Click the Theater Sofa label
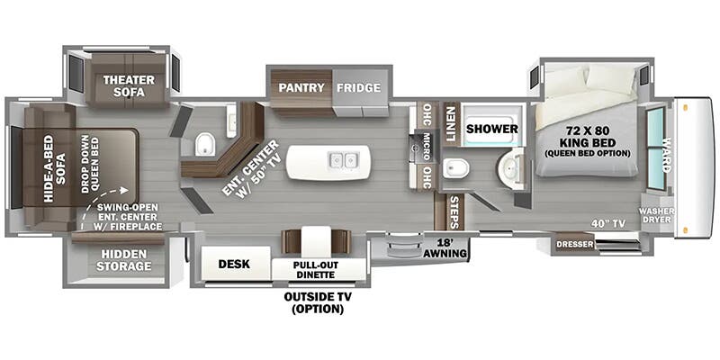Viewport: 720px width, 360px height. [129, 85]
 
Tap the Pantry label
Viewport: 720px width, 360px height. [301, 87]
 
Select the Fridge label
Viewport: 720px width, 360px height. [358, 87]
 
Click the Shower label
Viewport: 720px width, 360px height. [491, 129]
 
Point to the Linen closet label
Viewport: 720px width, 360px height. [450, 124]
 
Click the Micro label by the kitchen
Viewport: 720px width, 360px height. [427, 147]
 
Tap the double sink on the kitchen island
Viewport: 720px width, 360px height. [343, 161]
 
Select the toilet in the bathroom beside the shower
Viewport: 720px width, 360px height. [456, 168]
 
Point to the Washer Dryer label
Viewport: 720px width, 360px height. [657, 215]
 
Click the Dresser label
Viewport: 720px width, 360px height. [575, 244]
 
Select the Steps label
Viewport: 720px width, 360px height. [454, 212]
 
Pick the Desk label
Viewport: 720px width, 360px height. [234, 264]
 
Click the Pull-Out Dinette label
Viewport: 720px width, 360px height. [316, 270]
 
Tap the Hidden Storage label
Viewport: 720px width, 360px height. [123, 260]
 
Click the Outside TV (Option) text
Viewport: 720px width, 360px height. [318, 303]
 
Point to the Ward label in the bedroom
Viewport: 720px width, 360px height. [667, 155]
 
